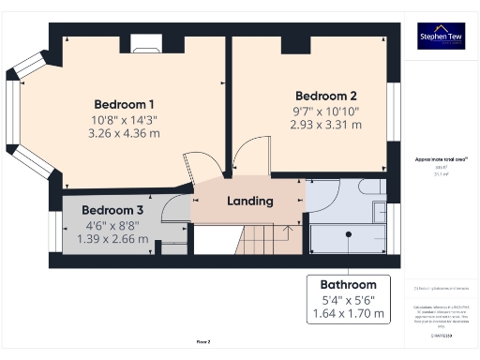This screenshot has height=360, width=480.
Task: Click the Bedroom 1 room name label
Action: click(125, 104)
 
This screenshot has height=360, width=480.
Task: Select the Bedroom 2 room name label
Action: click(326, 96)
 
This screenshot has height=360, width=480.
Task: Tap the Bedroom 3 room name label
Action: click(112, 210)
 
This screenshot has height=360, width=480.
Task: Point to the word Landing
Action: click(250, 201)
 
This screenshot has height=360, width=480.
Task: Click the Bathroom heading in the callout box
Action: click(348, 285)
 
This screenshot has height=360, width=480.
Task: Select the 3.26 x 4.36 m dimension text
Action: click(125, 134)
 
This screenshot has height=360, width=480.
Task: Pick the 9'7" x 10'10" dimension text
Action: click(326, 111)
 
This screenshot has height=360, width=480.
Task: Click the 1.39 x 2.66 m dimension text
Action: click(112, 239)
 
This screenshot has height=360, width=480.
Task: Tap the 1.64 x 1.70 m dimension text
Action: click(348, 314)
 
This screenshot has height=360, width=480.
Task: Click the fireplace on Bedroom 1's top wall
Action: click(146, 42)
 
